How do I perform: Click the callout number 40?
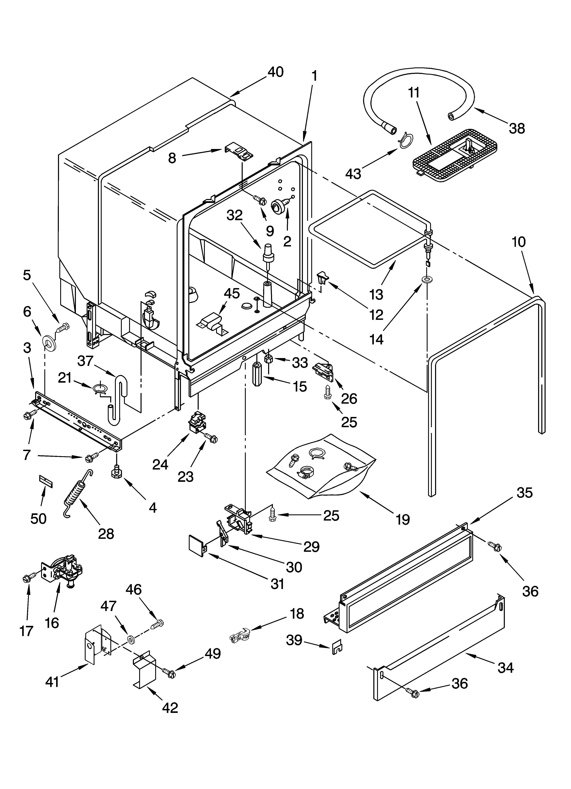pos(275,72)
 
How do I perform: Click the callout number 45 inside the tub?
pos(232,293)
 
